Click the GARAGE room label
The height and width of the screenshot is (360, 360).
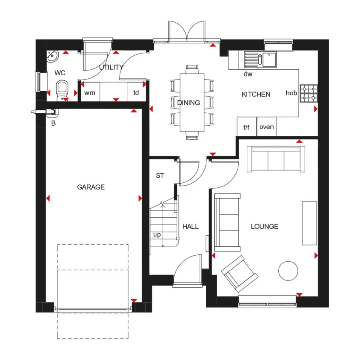[x=91, y=187]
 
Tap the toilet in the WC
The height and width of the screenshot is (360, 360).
[x=62, y=90]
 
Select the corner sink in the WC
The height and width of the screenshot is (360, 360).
[x=52, y=57]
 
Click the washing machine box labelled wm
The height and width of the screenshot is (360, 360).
[x=90, y=93]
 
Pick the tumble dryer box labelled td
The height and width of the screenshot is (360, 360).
[x=136, y=93]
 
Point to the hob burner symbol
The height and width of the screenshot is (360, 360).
[x=308, y=93]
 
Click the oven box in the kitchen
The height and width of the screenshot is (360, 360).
[x=266, y=127]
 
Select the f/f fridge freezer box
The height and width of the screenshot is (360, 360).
[x=246, y=127]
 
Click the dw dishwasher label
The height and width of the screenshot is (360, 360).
[x=248, y=74]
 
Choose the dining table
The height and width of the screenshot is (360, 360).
[x=192, y=102]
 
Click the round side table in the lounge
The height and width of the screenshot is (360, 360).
[x=288, y=271]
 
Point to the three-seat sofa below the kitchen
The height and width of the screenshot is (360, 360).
[x=276, y=159]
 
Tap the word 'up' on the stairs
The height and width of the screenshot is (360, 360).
[x=157, y=235]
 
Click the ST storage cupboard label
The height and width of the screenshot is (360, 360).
[x=160, y=176]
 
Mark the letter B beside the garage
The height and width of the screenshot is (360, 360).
[x=53, y=123]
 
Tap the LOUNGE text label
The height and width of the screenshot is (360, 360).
[x=264, y=226]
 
